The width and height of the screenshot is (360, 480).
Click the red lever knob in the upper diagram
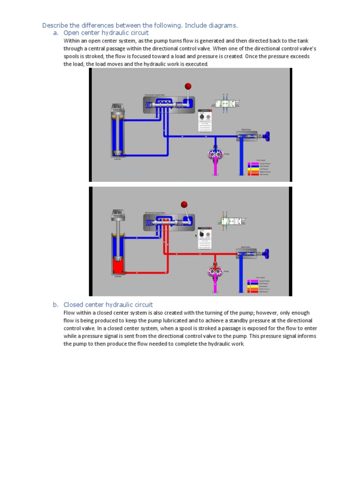tap(188, 86)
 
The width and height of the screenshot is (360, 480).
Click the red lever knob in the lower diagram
tap(184, 204)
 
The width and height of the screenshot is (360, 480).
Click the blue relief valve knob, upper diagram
tap(268, 137)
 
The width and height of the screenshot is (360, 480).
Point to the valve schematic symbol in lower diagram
tap(232, 221)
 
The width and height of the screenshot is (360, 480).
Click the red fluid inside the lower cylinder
tap(117, 266)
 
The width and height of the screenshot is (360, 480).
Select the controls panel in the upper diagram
tap(206, 120)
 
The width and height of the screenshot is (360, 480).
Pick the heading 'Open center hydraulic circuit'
tap(106, 33)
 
